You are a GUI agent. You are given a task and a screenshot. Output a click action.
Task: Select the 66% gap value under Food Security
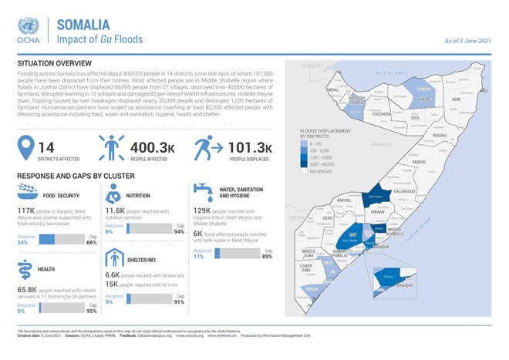(91, 242)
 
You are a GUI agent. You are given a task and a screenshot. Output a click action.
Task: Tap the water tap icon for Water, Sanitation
(204, 189)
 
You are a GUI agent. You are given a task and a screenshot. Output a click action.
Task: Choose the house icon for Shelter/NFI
(113, 257)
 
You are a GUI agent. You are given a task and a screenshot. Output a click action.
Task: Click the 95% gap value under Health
(91, 311)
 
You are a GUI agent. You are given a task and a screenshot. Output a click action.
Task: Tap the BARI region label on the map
(457, 99)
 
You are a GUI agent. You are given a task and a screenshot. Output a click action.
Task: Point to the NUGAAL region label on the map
(440, 135)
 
